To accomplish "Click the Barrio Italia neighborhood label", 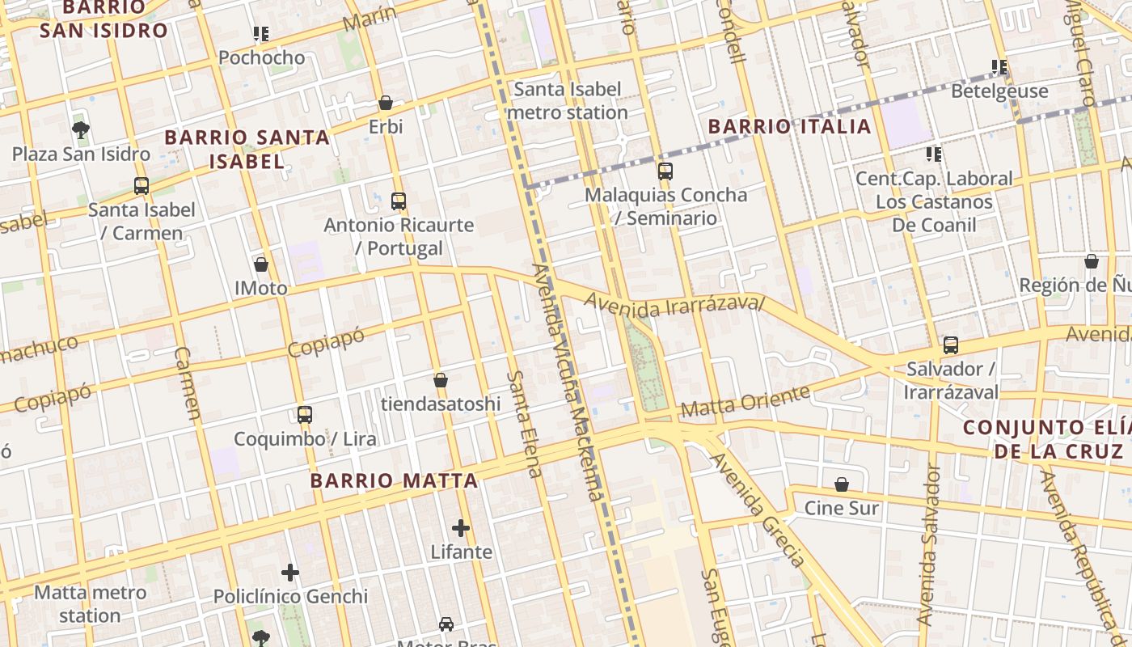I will point(789,126).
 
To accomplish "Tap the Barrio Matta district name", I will point(394,480).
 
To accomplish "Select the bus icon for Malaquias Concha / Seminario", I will point(665,171).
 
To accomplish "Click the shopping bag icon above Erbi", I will point(386,104).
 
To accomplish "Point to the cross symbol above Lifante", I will point(461,529).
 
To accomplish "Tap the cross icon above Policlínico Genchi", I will point(290,573).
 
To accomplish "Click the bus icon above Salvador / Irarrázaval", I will point(951,345).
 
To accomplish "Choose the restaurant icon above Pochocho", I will point(260,34).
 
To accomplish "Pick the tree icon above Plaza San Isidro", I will point(80,129).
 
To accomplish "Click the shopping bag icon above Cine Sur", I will point(842,484).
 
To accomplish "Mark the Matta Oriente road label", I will point(745,401).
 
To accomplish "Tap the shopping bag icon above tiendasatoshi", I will point(441,380).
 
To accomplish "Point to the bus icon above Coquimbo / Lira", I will point(305,415).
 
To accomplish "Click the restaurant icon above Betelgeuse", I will point(999,67).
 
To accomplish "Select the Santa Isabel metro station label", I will point(568,100).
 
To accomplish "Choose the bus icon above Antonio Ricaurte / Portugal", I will point(399,201).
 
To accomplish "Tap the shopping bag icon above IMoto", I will point(261,264).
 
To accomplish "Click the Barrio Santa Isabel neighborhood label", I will point(247,149).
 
